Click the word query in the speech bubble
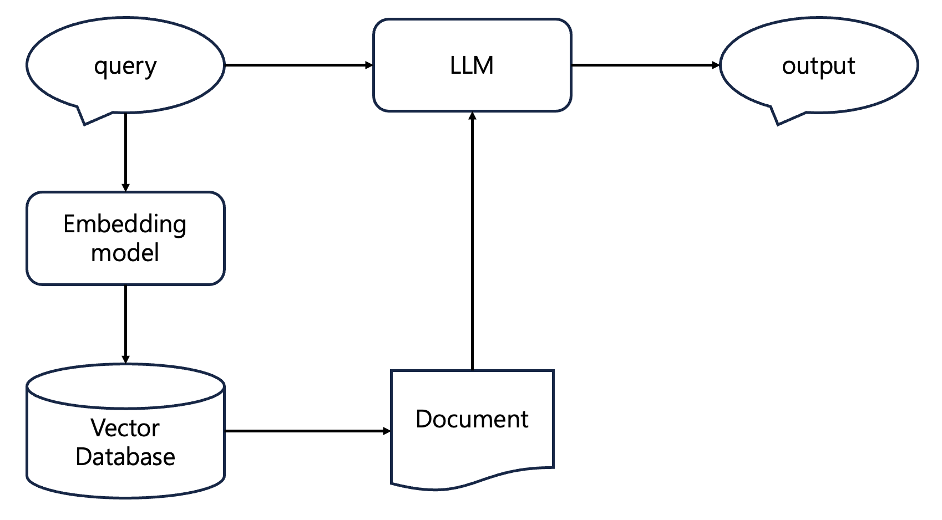pos(125,67)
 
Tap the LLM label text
pos(472,65)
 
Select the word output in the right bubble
pos(818,66)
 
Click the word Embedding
pos(125,225)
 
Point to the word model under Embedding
pos(125,253)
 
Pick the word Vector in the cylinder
pos(125,428)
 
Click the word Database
pos(125,456)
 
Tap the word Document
pos(472,419)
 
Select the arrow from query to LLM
pos(299,65)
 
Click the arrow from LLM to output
pos(646,65)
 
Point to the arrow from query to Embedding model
pos(125,152)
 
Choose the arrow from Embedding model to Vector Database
pos(125,324)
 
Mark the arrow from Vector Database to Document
pos(308,431)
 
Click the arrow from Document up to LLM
pos(472,241)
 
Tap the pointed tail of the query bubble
pos(85,124)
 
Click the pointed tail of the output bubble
pos(778,124)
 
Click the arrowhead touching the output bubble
pos(716,65)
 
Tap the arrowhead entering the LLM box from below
pos(472,116)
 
